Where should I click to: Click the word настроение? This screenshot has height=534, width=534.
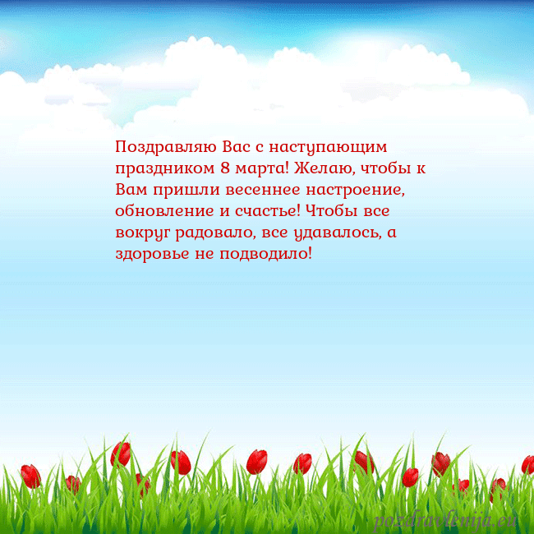pos(358,190)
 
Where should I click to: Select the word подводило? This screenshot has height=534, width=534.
pos(265,253)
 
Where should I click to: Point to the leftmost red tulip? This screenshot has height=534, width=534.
pos(30,476)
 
